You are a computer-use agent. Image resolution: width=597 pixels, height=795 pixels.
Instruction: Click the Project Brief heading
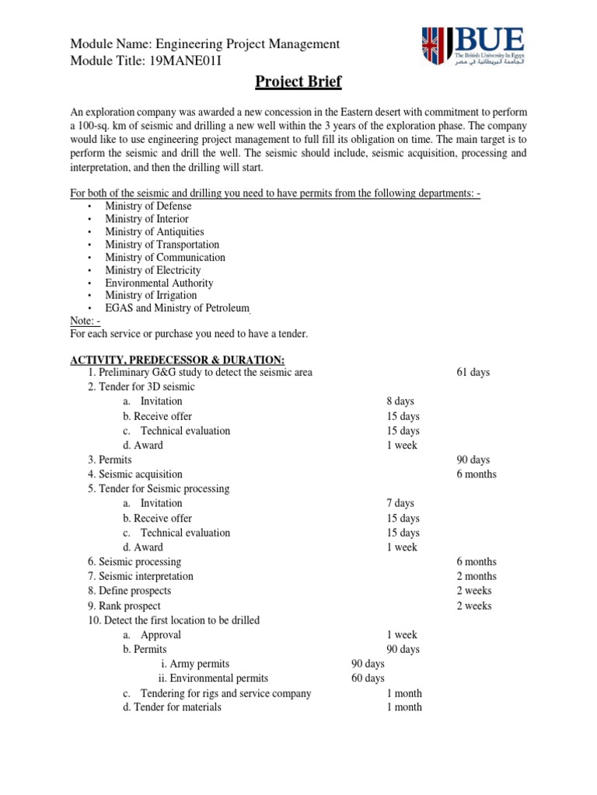point(298,82)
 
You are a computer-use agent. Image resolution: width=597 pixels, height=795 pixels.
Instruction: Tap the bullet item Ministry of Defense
point(148,207)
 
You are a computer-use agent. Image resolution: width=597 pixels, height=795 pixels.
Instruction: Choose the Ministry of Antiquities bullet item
point(154,232)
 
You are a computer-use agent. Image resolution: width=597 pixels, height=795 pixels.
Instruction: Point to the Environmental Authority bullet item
point(160,283)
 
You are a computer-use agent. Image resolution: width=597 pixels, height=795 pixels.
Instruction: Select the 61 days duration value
point(473,373)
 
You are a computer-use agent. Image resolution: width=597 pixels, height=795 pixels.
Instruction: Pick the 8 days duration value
point(400,401)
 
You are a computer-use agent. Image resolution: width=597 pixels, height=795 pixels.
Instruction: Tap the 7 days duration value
point(400,504)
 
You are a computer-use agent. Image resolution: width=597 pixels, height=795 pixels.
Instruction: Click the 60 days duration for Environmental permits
point(368,679)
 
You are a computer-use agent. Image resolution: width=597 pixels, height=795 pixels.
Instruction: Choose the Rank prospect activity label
point(129,606)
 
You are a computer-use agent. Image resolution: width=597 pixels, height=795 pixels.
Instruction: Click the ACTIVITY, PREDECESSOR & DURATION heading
point(178,359)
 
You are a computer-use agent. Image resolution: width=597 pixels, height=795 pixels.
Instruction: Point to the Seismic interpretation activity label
point(145,577)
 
